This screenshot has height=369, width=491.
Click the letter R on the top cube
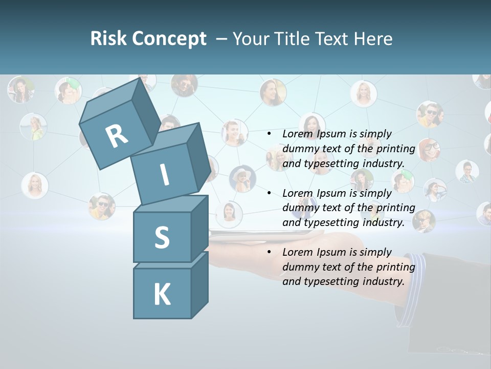(x=117, y=136)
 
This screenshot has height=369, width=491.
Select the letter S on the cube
(x=162, y=237)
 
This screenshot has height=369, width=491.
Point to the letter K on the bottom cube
(x=162, y=295)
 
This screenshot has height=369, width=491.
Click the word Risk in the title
(x=108, y=38)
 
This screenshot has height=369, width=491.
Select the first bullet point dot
(x=269, y=134)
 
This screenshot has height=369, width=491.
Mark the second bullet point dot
(x=269, y=193)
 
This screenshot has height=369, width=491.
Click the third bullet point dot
(x=269, y=252)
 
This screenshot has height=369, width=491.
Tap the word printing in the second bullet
(x=395, y=208)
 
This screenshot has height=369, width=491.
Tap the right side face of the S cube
(x=199, y=228)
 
